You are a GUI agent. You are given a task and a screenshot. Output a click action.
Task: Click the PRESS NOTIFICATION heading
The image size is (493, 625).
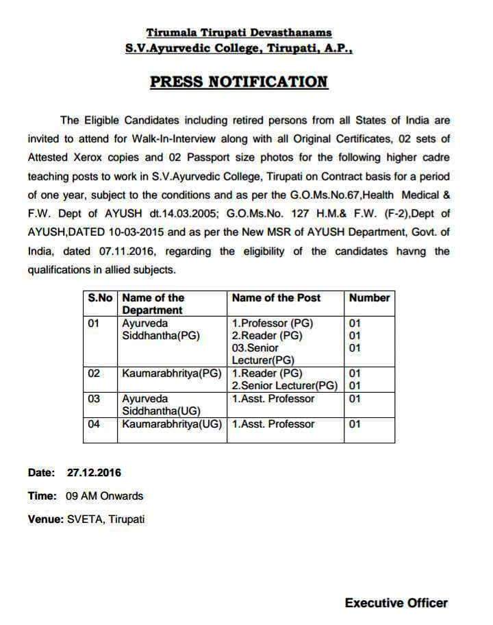tap(239, 82)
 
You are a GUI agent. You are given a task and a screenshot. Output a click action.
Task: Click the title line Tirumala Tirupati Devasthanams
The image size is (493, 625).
tap(239, 32)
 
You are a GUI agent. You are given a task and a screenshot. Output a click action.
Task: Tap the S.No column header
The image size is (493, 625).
tap(100, 298)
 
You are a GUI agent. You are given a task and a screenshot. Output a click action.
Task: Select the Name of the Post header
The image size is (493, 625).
tap(276, 298)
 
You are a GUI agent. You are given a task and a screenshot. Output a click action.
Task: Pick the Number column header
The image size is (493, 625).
tap(369, 298)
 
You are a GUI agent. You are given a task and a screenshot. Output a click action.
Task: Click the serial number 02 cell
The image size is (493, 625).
tap(94, 373)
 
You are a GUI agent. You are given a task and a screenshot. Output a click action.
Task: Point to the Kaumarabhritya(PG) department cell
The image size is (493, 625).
tap(171, 373)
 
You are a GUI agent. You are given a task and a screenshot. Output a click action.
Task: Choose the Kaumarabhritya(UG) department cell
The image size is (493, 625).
tap(172, 424)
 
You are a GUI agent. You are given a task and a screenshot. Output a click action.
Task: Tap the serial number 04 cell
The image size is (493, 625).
tap(94, 424)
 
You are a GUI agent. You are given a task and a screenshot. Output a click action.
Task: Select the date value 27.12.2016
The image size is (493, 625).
tap(94, 473)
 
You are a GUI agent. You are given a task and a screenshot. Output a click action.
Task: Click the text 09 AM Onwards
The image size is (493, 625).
tap(104, 496)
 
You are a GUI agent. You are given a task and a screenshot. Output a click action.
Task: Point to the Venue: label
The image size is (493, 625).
tap(45, 519)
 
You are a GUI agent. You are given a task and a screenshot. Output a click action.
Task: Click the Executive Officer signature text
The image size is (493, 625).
tap(396, 603)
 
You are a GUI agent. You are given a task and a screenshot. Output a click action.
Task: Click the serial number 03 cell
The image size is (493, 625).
tap(94, 399)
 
